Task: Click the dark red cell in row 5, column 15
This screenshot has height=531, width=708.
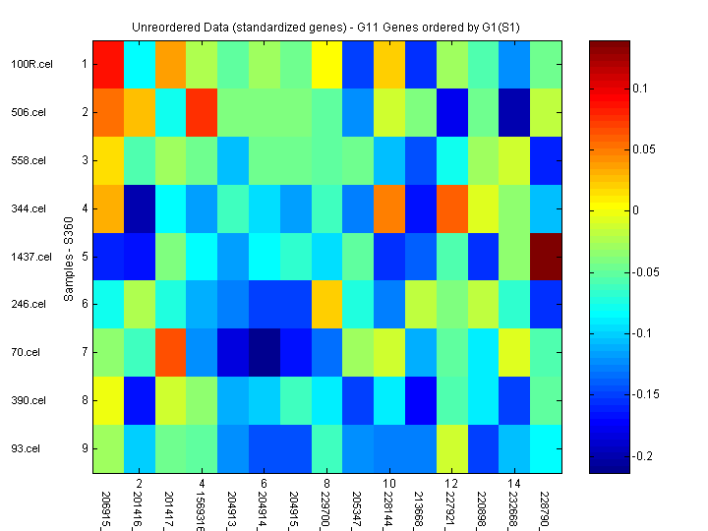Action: pyautogui.click(x=547, y=257)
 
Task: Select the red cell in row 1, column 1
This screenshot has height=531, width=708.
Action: pyautogui.click(x=108, y=64)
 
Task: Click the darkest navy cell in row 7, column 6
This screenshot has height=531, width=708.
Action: pyautogui.click(x=265, y=352)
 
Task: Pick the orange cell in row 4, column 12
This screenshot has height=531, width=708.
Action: pyautogui.click(x=452, y=208)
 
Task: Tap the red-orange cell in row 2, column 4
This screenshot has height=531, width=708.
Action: pyautogui.click(x=202, y=112)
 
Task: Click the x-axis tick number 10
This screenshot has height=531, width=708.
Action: pyautogui.click(x=389, y=484)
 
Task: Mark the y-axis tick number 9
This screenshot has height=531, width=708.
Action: pyautogui.click(x=84, y=448)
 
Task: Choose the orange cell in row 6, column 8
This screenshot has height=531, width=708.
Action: pyautogui.click(x=327, y=304)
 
